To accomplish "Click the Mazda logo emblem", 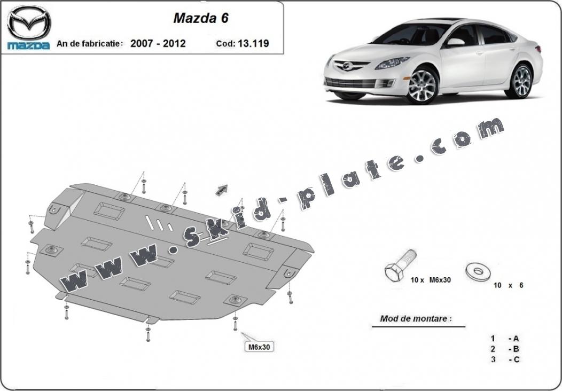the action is point(29,22).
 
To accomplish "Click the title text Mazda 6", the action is point(201,18).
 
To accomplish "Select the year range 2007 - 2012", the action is point(158,43).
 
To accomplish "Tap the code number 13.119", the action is point(253,43).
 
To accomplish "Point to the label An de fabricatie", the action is point(90,44).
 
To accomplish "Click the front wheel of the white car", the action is point(423,85).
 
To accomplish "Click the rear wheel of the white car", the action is point(519,81).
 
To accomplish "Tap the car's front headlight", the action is point(392,62).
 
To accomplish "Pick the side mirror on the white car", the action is point(455,42).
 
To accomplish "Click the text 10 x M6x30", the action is point(431,280).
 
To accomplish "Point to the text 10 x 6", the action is point(508,285).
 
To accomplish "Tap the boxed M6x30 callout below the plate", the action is point(259,347).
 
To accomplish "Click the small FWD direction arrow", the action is point(222,190).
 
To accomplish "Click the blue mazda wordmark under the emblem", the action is point(29,45).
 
